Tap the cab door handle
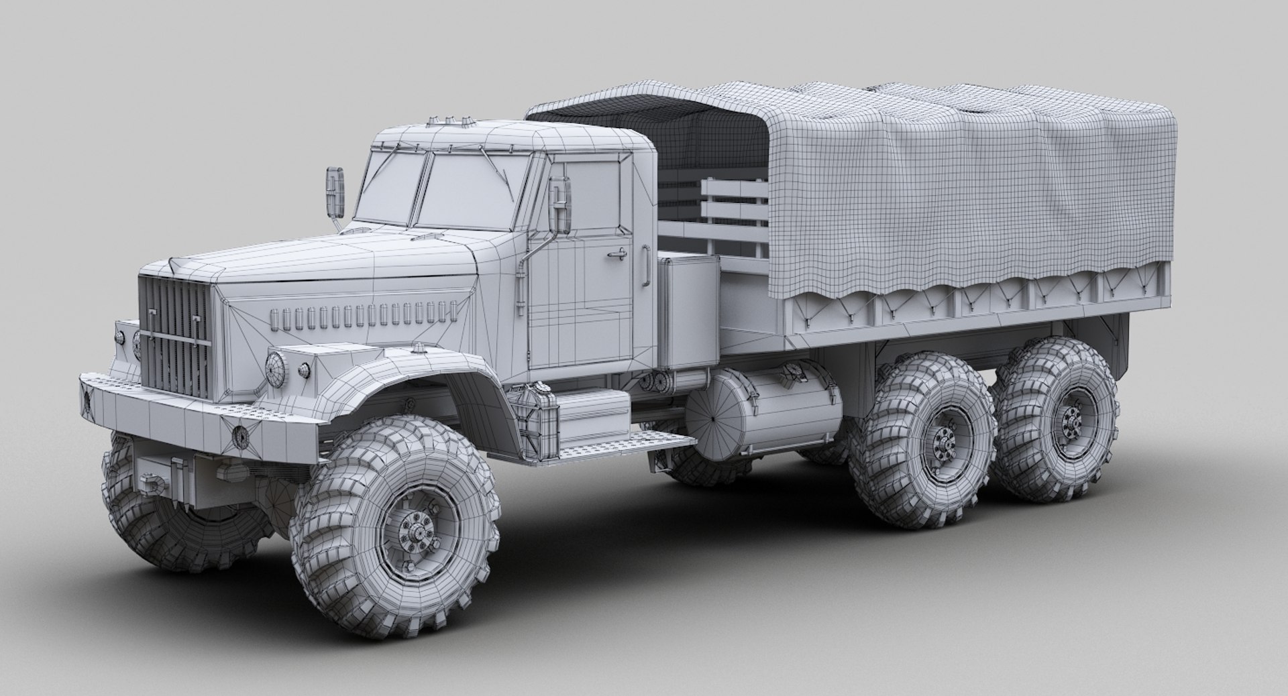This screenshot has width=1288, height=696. (617, 254)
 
